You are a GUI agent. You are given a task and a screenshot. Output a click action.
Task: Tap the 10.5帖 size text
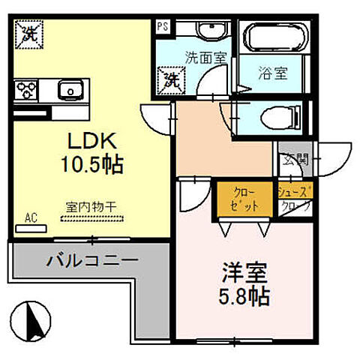coord(93,163)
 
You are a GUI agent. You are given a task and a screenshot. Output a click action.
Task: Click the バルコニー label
coord(91,262)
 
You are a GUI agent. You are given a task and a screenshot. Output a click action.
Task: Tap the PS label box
coord(163,25)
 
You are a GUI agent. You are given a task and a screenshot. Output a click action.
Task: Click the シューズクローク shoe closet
coord(295,198)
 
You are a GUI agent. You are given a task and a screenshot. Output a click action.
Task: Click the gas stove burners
coord(27,91)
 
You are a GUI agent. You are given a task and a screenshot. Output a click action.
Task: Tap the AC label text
coord(31,217)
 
